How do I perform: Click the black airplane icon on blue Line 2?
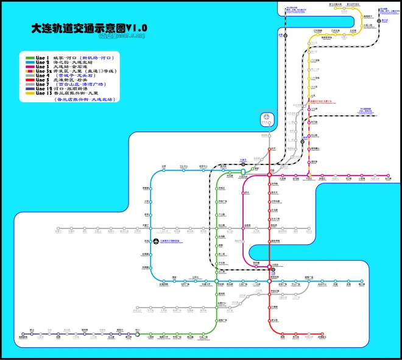(156, 242)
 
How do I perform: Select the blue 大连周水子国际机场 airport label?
(177, 242)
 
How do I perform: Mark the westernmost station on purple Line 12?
(23, 334)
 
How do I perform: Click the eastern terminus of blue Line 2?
(362, 281)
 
